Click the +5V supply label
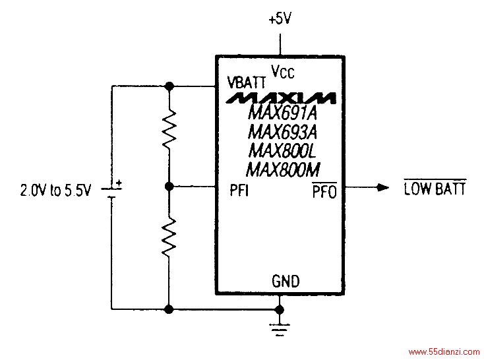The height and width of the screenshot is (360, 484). (280, 19)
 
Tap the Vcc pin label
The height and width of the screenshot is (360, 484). (283, 71)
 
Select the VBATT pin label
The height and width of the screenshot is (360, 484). (247, 82)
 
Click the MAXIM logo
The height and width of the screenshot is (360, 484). (281, 98)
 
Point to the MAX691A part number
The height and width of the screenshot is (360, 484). (282, 113)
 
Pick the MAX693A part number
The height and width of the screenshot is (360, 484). (282, 132)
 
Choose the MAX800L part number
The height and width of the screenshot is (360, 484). (282, 151)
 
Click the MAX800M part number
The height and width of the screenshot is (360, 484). (283, 169)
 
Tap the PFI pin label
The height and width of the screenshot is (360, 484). (239, 190)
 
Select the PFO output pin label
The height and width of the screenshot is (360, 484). (324, 191)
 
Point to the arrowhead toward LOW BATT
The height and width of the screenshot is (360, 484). (383, 187)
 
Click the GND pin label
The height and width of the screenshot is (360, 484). (286, 281)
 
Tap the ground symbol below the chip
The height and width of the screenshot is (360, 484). (280, 329)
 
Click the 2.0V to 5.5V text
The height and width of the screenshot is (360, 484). (56, 190)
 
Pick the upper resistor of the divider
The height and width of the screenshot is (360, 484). (169, 129)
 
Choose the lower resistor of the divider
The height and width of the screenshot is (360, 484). (169, 237)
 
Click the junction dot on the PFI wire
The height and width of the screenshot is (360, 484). (169, 187)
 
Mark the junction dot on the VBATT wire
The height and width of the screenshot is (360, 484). (169, 86)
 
